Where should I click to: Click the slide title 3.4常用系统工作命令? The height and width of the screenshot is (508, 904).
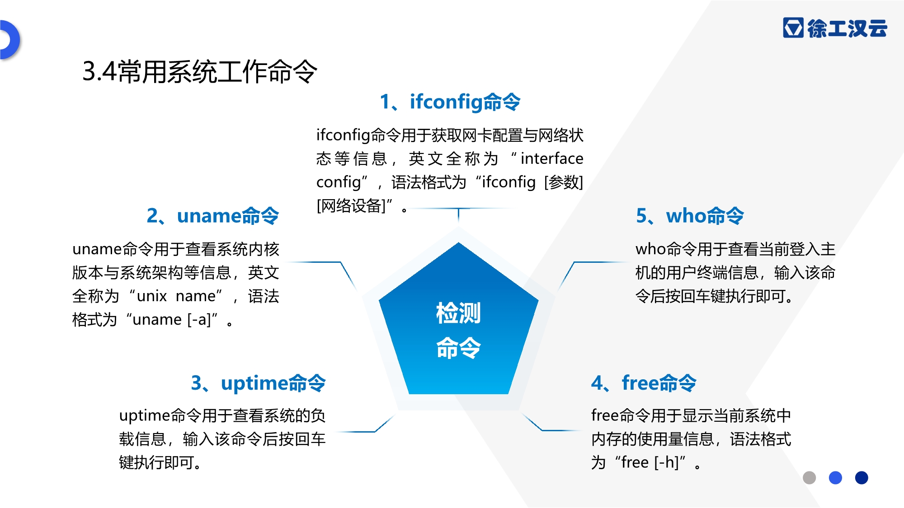tap(200, 71)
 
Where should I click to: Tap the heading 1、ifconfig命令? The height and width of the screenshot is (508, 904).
tap(450, 102)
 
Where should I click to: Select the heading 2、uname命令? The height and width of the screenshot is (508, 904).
tap(213, 216)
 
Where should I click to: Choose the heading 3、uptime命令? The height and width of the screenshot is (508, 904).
tap(258, 383)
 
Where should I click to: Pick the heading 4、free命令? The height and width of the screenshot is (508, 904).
tap(644, 383)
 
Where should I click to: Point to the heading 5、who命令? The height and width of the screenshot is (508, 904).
tap(690, 216)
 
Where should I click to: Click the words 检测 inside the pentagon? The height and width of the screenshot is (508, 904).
tap(458, 313)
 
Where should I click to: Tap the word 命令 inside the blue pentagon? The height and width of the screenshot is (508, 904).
tap(458, 348)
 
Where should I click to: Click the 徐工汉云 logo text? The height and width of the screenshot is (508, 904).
tap(847, 28)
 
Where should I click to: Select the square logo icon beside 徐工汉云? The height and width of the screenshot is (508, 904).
tap(793, 28)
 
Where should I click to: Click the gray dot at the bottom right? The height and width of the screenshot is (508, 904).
tap(809, 478)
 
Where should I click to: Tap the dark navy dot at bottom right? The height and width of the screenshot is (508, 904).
tap(862, 478)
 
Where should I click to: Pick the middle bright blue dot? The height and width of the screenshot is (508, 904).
tap(835, 478)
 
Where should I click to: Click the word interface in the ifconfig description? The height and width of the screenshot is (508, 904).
tap(552, 158)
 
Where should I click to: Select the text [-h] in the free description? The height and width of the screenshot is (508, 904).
tap(666, 462)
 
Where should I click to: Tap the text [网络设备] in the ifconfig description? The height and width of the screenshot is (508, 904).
tap(351, 206)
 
